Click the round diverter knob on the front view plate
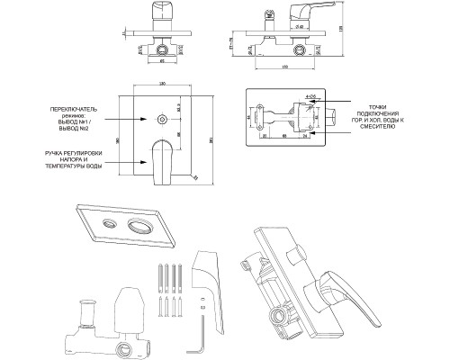[160, 117]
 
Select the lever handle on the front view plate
[166, 158]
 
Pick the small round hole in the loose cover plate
[110, 221]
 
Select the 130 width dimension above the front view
[163, 84]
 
